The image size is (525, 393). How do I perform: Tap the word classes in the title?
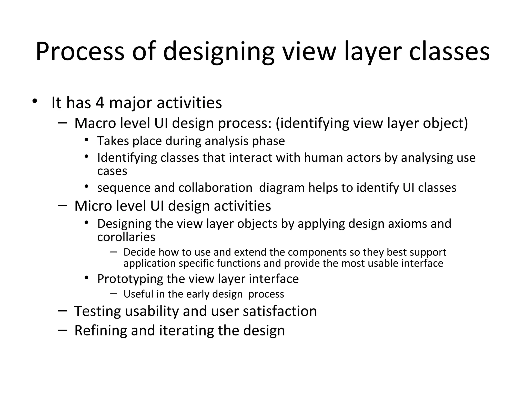(449, 52)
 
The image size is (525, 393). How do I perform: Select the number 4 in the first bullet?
(100, 103)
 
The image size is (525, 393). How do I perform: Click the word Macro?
(95, 123)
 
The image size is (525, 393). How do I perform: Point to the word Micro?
(93, 206)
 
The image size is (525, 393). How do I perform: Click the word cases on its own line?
(112, 171)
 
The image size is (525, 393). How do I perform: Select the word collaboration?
(215, 188)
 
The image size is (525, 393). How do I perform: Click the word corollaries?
(126, 237)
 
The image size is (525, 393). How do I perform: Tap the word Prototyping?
(130, 279)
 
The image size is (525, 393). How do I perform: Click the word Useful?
(138, 294)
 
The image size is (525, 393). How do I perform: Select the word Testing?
(97, 311)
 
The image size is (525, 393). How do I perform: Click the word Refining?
(100, 330)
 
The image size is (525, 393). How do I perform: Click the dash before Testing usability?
(62, 311)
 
